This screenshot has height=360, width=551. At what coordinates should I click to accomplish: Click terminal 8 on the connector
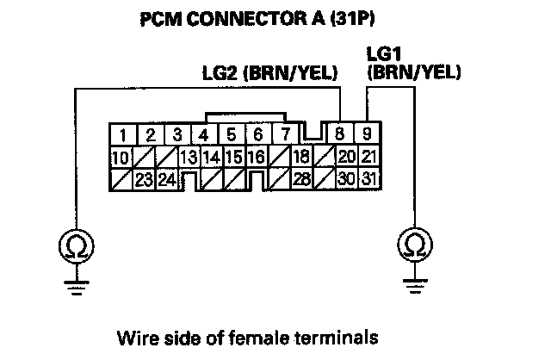pos(342,134)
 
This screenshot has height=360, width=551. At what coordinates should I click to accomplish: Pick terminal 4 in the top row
pos(203,134)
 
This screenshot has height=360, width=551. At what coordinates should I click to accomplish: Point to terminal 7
pos(282,134)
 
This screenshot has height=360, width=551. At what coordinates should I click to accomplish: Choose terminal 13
pos(189,157)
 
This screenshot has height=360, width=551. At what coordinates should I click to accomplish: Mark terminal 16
pos(256,157)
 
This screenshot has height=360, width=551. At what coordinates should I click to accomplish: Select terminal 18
pos(300,157)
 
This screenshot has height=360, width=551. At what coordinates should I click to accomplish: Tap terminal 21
pos(368,157)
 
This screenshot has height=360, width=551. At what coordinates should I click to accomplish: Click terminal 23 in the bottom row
pos(144,179)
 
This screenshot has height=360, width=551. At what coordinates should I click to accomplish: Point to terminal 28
pos(300,179)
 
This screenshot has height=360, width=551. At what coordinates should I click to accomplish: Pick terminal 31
pos(368,179)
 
